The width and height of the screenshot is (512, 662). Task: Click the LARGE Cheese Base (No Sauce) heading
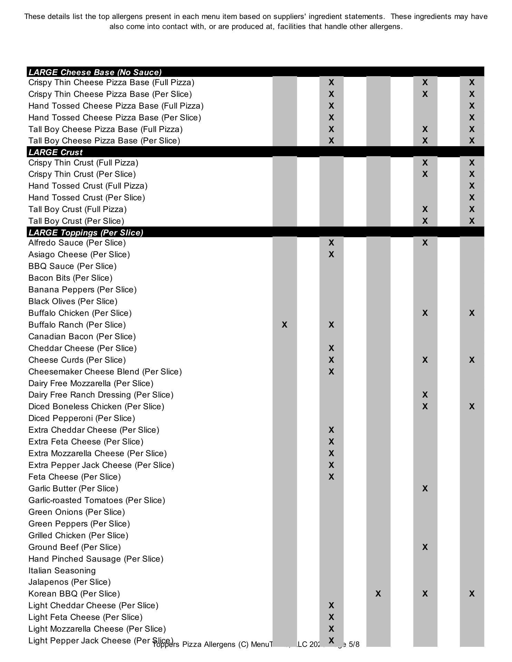click(x=95, y=72)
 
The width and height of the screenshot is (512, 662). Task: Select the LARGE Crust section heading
click(x=56, y=152)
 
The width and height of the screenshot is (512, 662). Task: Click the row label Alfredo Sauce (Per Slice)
click(x=77, y=243)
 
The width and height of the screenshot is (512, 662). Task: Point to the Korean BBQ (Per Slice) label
click(x=74, y=594)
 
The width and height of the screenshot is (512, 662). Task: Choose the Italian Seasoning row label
click(x=62, y=571)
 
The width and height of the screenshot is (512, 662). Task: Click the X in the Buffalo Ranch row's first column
click(x=285, y=325)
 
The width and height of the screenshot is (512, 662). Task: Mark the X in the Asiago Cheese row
click(x=331, y=254)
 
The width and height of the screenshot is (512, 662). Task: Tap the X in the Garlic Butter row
click(x=425, y=489)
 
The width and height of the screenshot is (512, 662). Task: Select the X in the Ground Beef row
click(x=425, y=547)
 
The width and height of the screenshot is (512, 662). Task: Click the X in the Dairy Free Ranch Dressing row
click(x=425, y=395)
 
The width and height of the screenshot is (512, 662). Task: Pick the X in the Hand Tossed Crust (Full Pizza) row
click(x=472, y=186)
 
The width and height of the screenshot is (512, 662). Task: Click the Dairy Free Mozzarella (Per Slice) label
click(x=91, y=383)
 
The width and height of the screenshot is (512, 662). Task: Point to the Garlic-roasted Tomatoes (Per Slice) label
click(x=97, y=500)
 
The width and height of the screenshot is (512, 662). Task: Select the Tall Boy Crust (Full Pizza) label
click(x=78, y=209)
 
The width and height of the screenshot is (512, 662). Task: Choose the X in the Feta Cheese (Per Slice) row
click(x=331, y=477)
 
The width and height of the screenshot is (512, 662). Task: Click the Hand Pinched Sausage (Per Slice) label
click(x=96, y=559)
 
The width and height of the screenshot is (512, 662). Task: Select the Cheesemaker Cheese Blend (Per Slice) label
click(x=105, y=372)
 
